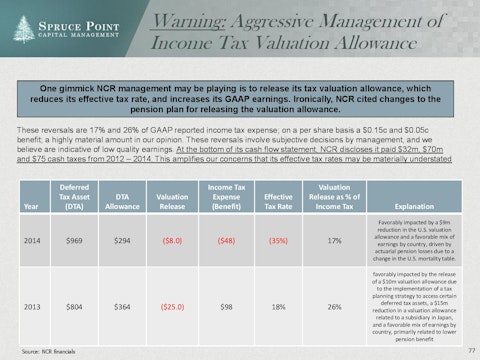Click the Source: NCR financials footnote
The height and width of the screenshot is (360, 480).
point(39,351)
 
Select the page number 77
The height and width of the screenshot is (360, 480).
point(470,349)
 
